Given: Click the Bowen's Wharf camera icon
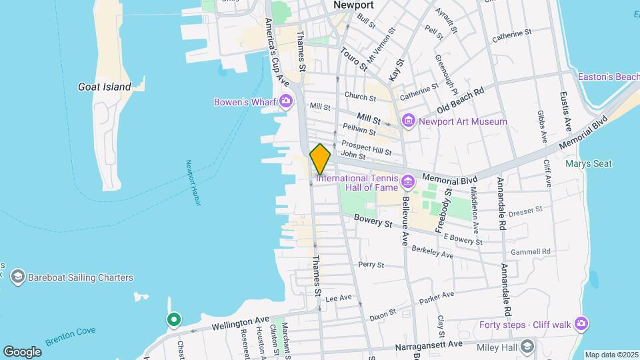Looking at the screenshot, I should coord(287,102).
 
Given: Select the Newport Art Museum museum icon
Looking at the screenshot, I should coord(408,121).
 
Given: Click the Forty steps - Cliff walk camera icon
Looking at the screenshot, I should coord(582,325).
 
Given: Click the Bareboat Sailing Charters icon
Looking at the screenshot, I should coord(17,277).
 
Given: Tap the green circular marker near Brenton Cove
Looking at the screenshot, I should coord(174,321).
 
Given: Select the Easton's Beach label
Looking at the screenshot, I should coord(608,77).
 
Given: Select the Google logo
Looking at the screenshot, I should coord(22,351).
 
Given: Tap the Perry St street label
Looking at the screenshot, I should coord(371,265).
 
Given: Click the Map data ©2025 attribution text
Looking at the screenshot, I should coord(611,355).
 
